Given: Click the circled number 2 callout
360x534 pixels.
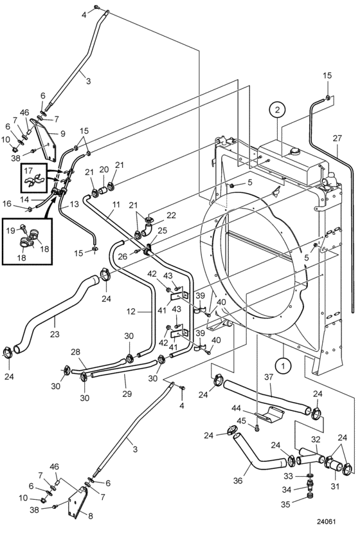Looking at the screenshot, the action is pos(278,109).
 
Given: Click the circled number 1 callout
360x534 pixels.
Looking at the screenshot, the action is pos(283,366).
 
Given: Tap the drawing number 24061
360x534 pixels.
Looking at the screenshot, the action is pos(327,521).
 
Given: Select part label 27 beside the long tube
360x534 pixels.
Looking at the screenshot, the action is pos(337,138).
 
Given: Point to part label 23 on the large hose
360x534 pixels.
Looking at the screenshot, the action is pos(55,334).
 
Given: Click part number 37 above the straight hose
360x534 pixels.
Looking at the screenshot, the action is pos(269,377).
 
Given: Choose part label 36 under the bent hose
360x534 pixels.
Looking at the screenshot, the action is pos(238,481).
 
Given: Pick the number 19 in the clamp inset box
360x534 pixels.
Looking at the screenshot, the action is pos(11,230).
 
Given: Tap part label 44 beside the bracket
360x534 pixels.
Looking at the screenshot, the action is pos(236,408).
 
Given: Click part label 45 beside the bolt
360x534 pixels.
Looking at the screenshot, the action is pos(241,421).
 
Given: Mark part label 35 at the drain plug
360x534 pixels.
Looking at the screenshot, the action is pos(285,504).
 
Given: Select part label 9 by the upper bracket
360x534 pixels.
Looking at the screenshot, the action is pos(62,134).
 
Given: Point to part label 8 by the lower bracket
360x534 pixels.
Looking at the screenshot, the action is pos(91,516).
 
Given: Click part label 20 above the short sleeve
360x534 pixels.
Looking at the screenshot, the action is pos(104,170).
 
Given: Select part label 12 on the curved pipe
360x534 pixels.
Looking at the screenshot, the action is pos(131,311).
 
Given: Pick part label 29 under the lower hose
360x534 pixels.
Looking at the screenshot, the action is pos(127,394).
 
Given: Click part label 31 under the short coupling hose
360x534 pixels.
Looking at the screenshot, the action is pos(335,486).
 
